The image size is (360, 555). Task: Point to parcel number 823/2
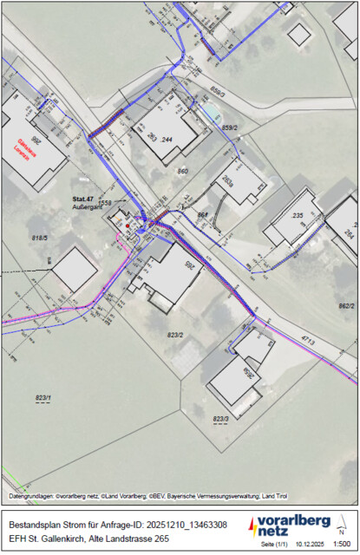[175, 334]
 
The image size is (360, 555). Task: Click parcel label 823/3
[220, 419]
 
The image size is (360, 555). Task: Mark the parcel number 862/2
[346, 306]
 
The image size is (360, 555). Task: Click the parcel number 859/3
[218, 91]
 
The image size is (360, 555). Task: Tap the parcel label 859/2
[230, 127]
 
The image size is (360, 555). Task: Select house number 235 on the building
[297, 215]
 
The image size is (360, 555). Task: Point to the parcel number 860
[182, 172]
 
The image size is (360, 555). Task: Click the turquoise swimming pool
[211, 114]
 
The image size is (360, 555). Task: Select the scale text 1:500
[342, 544]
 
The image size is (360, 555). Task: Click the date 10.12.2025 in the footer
[307, 544]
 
